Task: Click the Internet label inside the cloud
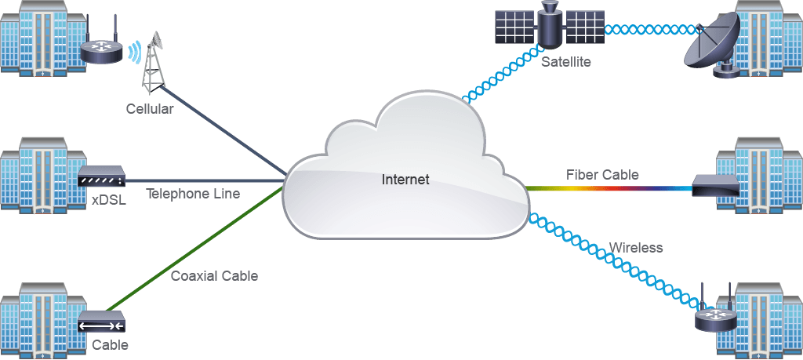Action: [405, 180]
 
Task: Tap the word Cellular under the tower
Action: [150, 109]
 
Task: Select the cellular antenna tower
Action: [153, 63]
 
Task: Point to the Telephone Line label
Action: [193, 194]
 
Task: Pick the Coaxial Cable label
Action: [214, 276]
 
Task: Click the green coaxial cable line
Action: [194, 250]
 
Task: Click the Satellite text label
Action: [566, 63]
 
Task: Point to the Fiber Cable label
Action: [602, 175]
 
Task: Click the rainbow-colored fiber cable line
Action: [609, 188]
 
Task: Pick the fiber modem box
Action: [716, 185]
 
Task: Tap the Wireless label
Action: [635, 248]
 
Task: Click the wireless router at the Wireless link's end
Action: [715, 315]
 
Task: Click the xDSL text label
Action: [109, 200]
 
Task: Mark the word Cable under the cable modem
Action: [110, 345]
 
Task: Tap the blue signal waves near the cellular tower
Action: [133, 53]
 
